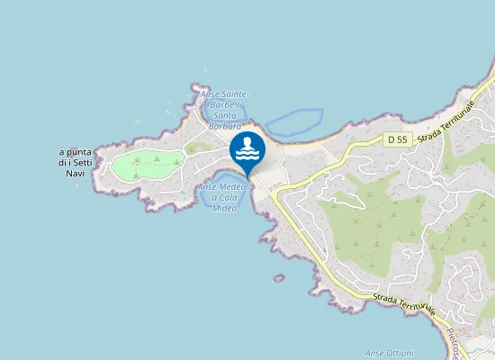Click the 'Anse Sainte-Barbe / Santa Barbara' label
[224, 111]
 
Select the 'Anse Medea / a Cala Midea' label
[224, 197]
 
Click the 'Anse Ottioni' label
[387, 352]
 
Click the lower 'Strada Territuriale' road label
[406, 303]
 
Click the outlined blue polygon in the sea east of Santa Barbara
[293, 121]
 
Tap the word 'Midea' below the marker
[224, 208]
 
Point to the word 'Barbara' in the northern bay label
[224, 127]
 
